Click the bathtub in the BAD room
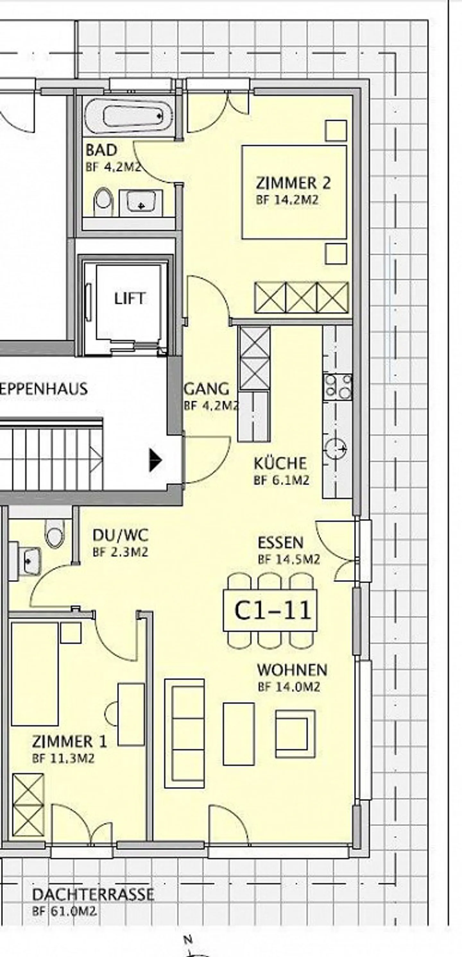pos(128,116)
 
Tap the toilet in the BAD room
pos(104,201)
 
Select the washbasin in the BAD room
pos(141,202)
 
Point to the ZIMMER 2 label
pos(293,183)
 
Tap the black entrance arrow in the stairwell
pos(155,460)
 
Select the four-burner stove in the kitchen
pos(338,387)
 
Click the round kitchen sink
pos(336,449)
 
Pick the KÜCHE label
pos(280,464)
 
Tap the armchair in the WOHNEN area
pos(295,734)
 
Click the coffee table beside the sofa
pos(239,734)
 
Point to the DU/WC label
pos(120,535)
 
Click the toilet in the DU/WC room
pos(54,533)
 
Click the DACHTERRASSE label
pos(93,894)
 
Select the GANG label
pos(207,389)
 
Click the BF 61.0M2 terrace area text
pos(64,911)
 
